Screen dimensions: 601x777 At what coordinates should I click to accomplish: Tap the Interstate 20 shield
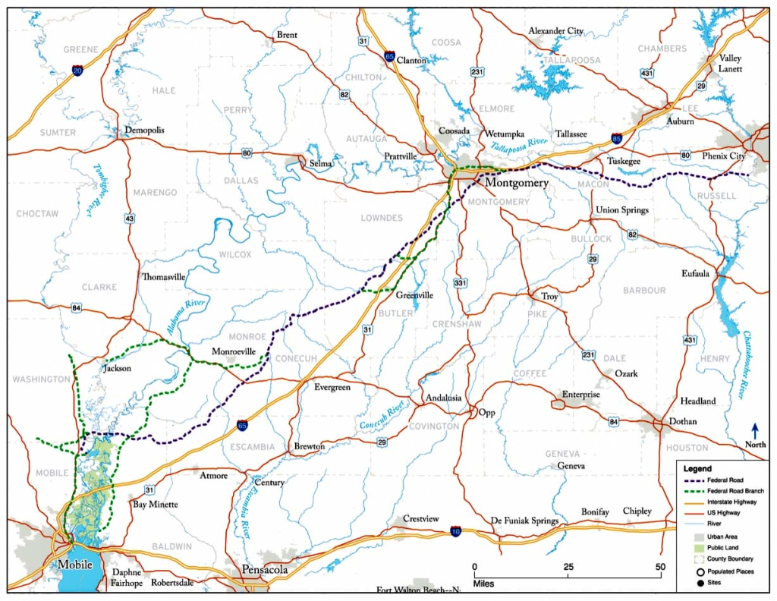coord(77,71)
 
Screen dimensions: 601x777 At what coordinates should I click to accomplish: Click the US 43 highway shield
coord(130,219)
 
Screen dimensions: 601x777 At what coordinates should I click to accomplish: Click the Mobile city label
coord(74,565)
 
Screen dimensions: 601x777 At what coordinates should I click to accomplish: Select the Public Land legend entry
coord(723,548)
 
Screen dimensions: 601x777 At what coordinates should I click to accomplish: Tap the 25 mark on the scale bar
coord(568,567)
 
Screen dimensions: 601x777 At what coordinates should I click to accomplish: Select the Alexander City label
coord(556,31)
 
